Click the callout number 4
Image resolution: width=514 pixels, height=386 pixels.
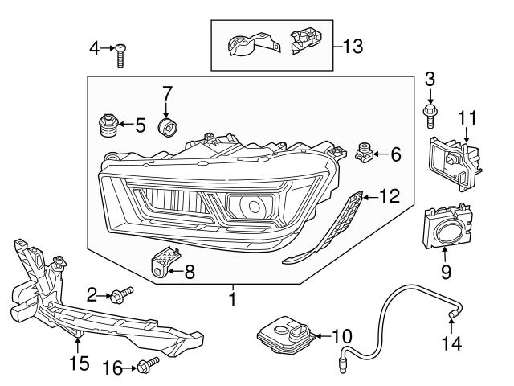click(x=93, y=50)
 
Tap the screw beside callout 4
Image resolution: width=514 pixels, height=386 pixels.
click(x=120, y=55)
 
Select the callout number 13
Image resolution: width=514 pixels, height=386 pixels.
click(x=353, y=46)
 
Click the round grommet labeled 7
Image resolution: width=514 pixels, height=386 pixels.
click(x=169, y=129)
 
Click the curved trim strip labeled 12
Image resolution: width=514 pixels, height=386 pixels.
click(x=321, y=233)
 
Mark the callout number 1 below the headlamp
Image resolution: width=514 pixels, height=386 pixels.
click(x=233, y=302)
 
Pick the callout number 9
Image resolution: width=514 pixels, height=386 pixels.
click(x=446, y=272)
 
